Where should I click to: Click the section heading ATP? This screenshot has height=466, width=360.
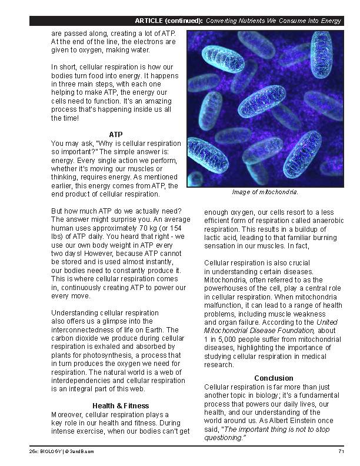[x=115, y=134]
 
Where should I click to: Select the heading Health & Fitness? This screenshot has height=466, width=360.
[x=120, y=405]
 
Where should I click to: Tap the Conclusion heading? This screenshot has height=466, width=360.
[x=274, y=378]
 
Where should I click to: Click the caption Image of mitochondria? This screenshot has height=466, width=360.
[x=265, y=192]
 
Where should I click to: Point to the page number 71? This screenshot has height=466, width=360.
[x=341, y=451]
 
